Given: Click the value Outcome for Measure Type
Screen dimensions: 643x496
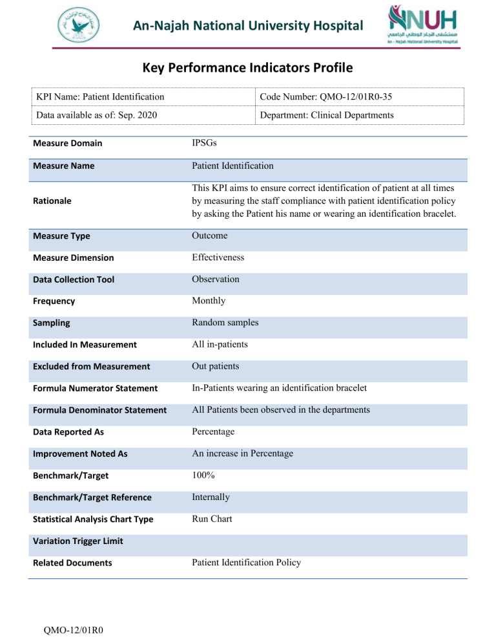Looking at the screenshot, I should click(x=209, y=236).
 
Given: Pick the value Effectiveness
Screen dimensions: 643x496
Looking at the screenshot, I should click(x=218, y=257).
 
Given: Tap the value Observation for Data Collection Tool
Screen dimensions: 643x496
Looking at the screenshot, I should click(x=215, y=279).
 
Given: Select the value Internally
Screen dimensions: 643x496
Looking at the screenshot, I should click(x=211, y=497).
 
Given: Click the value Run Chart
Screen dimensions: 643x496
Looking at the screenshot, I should click(x=212, y=519).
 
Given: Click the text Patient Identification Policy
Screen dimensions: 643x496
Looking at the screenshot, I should click(x=246, y=563).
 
